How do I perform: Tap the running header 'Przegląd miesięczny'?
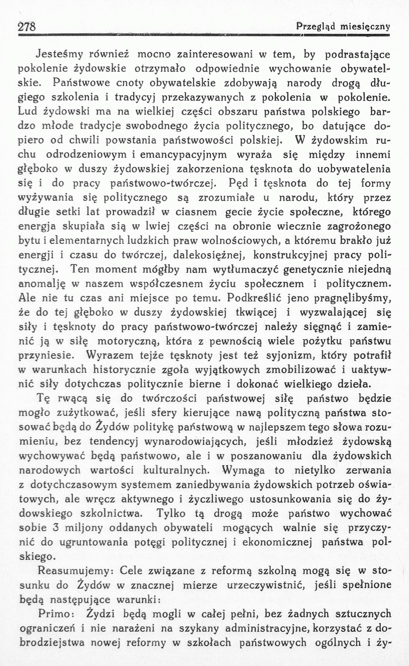pos(343,27)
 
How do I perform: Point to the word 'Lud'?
pos(28,111)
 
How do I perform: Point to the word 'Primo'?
pos(55,613)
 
